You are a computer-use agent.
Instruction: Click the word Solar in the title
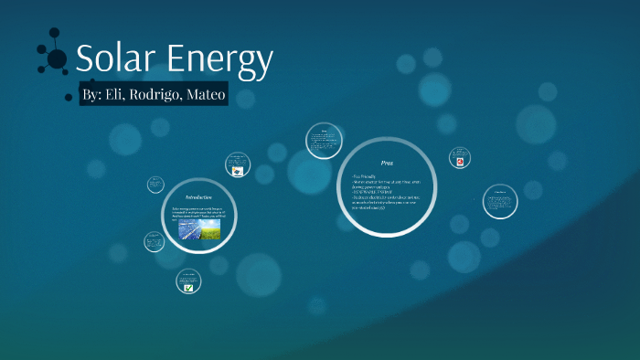click(117, 59)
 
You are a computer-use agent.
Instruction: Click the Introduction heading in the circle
click(198, 197)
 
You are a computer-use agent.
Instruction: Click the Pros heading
click(387, 162)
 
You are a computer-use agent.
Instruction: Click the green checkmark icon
click(188, 287)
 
